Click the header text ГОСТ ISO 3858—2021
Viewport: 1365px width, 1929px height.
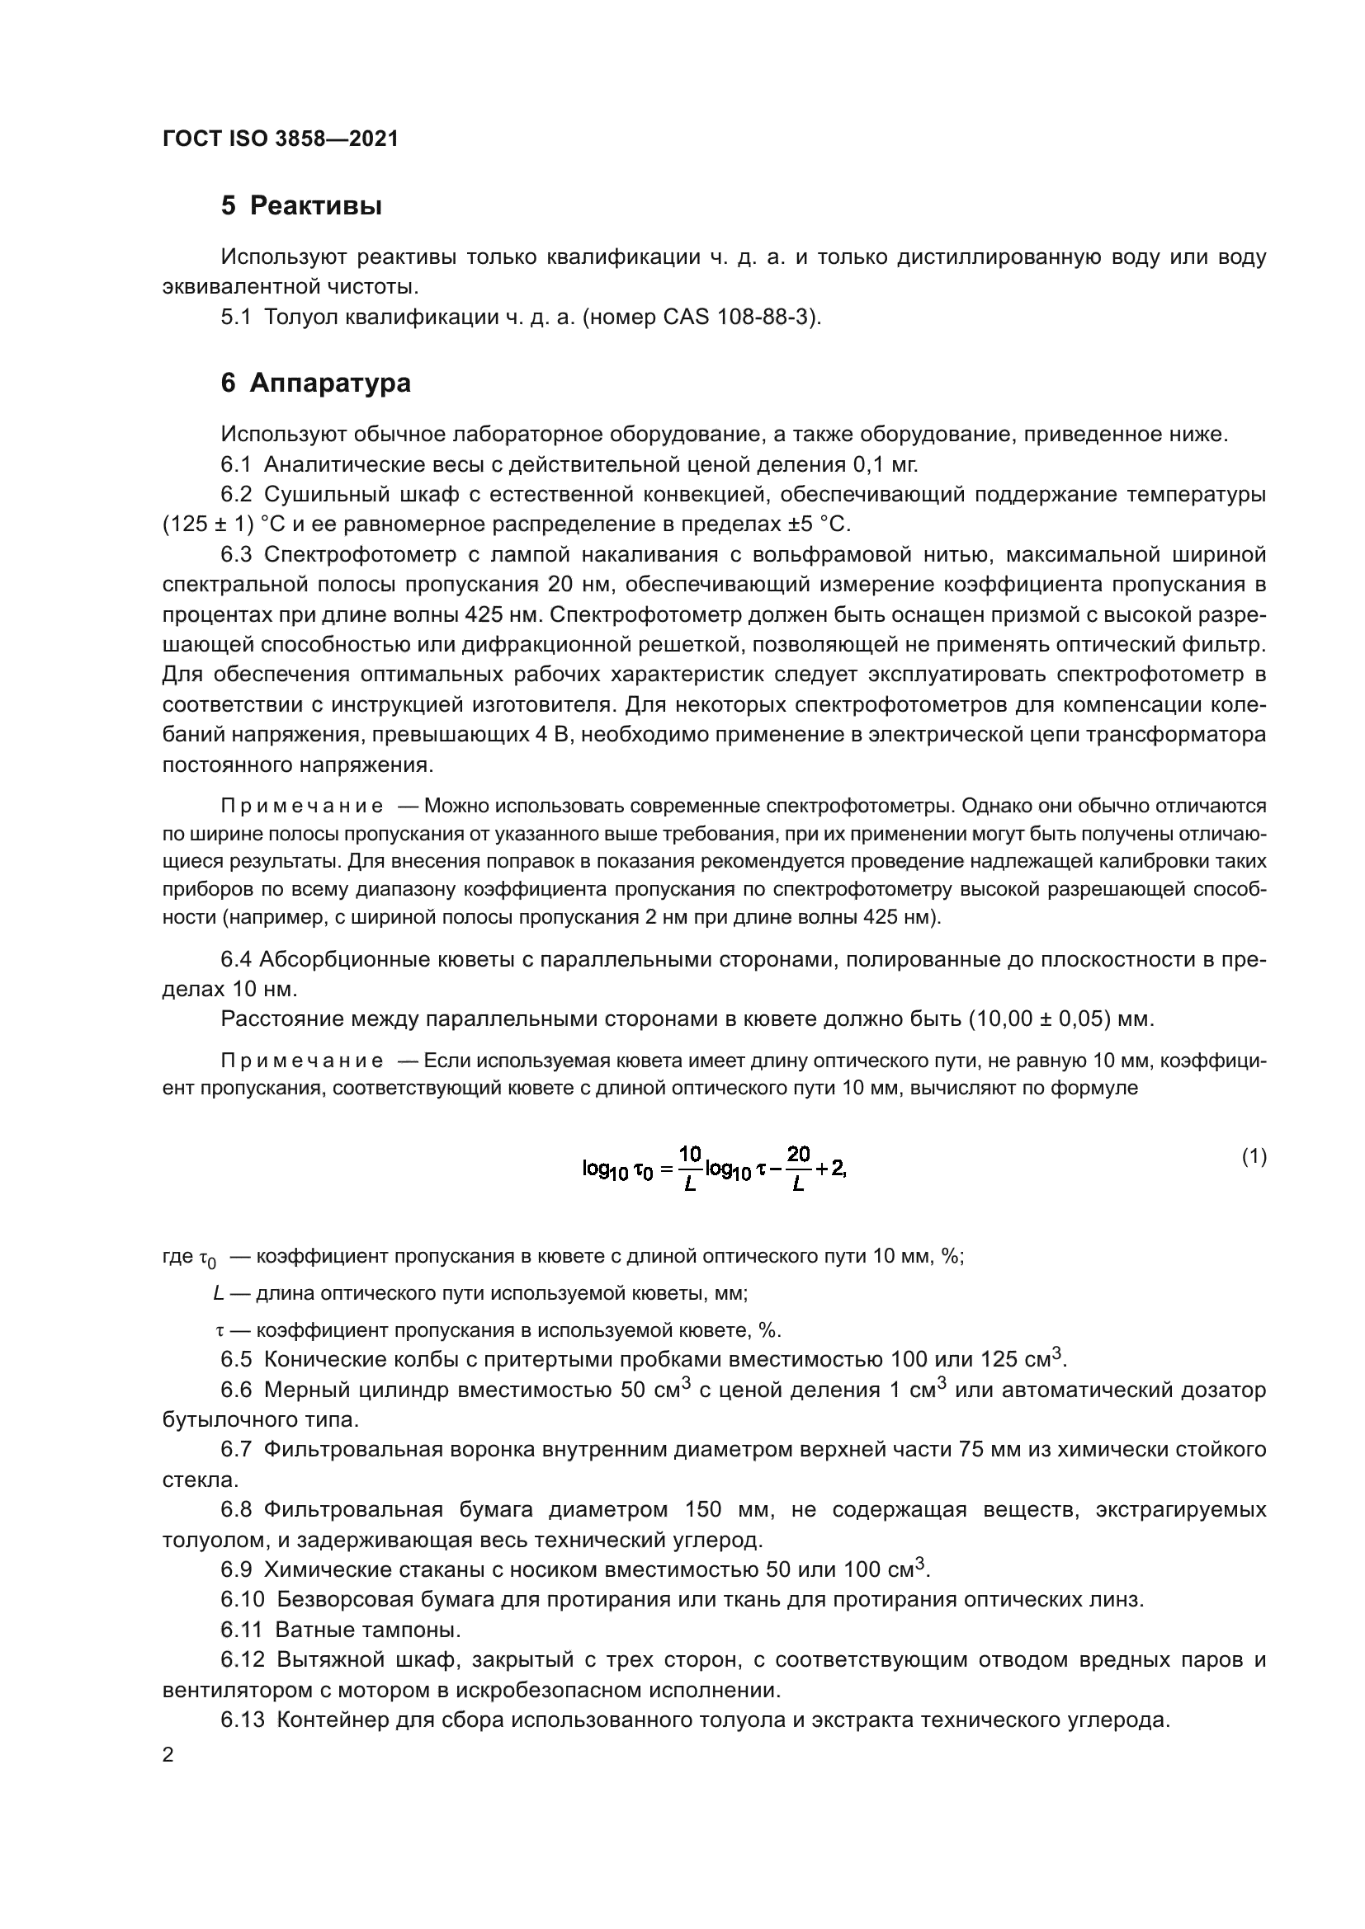coord(280,139)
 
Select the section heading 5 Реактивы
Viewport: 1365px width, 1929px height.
coord(301,206)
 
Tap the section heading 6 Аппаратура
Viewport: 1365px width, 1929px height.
coord(315,383)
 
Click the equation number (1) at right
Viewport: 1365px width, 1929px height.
coord(1254,1157)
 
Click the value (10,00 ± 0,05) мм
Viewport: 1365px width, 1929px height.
coord(1060,1019)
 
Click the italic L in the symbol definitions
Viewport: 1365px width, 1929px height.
coord(219,1293)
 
